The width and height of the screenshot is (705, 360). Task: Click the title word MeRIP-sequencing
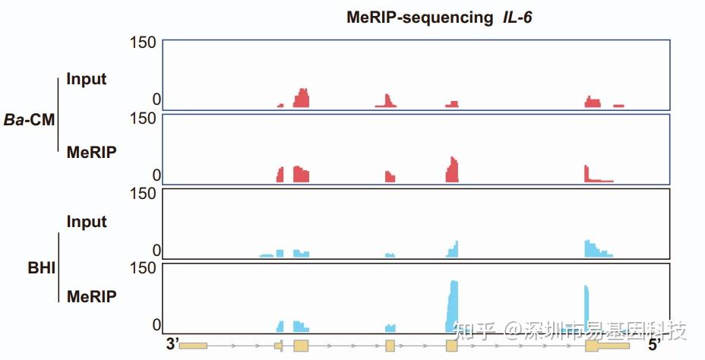tap(419, 17)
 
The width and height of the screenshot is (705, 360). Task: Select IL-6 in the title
tap(517, 17)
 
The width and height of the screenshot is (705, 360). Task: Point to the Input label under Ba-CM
tap(87, 78)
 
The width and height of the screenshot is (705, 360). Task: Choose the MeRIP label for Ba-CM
tap(91, 152)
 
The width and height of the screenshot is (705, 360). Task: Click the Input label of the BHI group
tap(87, 222)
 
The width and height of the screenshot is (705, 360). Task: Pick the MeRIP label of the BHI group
tap(91, 296)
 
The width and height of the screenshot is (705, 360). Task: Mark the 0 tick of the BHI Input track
tap(156, 251)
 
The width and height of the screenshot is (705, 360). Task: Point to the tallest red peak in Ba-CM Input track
tap(302, 98)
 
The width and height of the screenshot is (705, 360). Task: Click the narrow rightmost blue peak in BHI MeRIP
tap(586, 308)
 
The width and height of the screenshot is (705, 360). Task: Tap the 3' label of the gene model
tap(172, 344)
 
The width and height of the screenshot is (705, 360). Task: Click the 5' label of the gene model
tap(655, 344)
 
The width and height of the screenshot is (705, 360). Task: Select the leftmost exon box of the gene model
tap(193, 346)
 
